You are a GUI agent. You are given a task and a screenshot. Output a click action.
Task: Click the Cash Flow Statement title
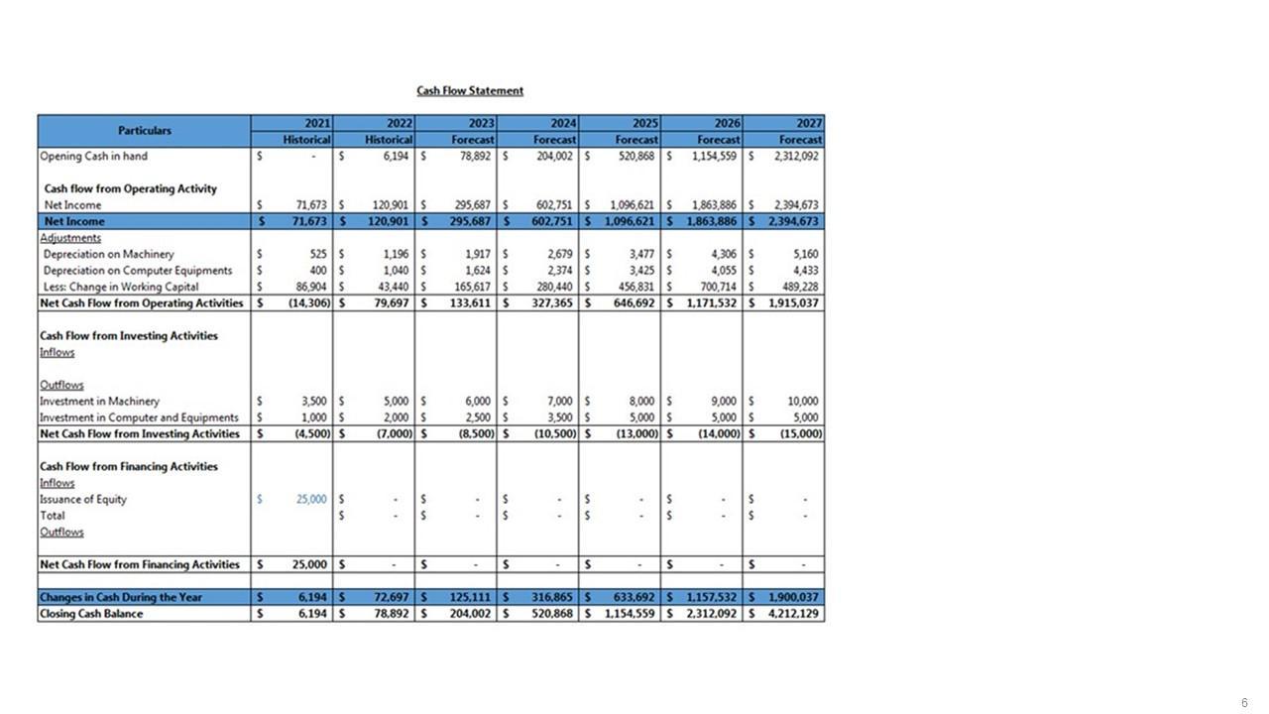pyautogui.click(x=470, y=91)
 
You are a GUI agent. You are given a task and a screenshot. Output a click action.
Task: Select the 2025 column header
pyautogui.click(x=644, y=123)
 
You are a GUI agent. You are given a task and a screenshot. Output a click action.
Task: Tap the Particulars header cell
pyautogui.click(x=144, y=131)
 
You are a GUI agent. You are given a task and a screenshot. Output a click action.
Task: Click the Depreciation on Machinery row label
pyautogui.click(x=108, y=254)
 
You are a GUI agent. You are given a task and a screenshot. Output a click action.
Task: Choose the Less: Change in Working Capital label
pyautogui.click(x=121, y=287)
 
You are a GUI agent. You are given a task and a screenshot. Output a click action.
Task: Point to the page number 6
pyautogui.click(x=1244, y=703)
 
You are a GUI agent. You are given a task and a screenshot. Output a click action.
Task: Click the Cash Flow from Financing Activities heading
pyautogui.click(x=128, y=466)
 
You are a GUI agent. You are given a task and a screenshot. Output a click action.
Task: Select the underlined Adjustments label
pyautogui.click(x=70, y=238)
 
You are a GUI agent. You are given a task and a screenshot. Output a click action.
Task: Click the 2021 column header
pyautogui.click(x=317, y=123)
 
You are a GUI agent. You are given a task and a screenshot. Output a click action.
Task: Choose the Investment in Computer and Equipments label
pyautogui.click(x=139, y=417)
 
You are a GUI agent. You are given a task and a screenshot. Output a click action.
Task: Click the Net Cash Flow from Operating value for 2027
pyautogui.click(x=793, y=302)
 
